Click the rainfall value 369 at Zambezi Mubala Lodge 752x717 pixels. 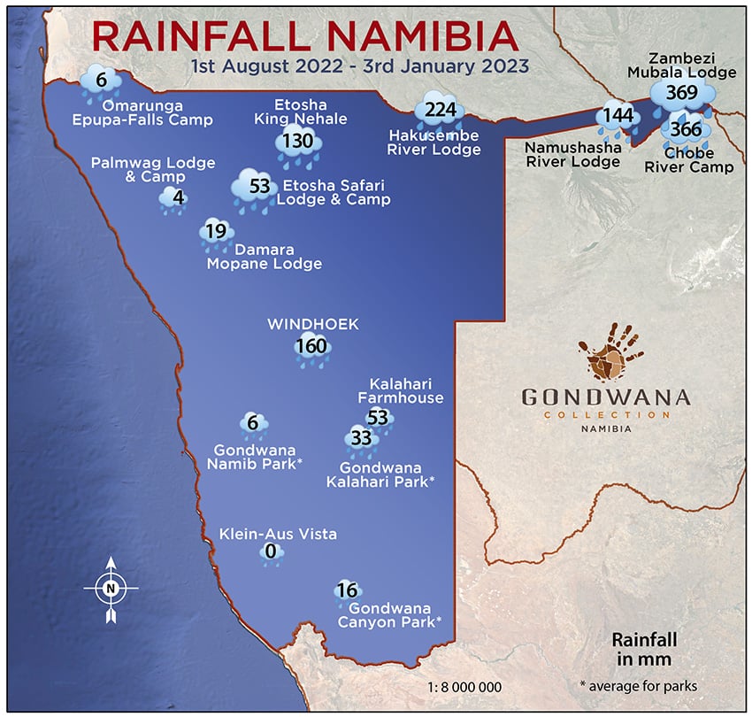coord(683,92)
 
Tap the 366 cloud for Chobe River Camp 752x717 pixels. coord(686,130)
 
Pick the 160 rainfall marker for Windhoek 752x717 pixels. coord(312,346)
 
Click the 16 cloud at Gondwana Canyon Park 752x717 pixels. coord(347,590)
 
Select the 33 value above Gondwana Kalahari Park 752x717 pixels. coord(361,437)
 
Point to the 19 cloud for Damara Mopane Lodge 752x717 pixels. coord(216,232)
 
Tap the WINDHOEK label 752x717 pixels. coord(313,324)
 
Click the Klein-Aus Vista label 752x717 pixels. coord(278,534)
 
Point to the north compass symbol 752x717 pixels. coord(111,587)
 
